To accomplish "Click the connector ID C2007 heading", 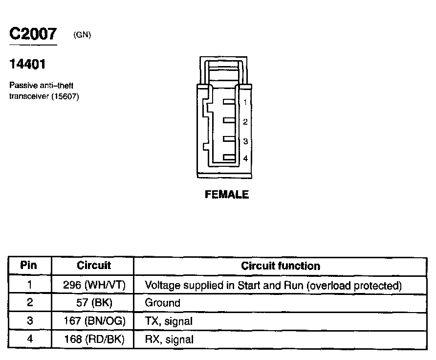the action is coord(33,34).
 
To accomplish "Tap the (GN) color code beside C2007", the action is coord(82,35).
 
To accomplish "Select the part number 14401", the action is coord(28,64).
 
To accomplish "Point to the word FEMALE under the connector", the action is coord(227,195).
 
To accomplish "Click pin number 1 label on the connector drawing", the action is coord(245,102).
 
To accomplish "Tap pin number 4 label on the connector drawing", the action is coord(245,158).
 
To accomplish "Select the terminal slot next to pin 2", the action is coord(229,120).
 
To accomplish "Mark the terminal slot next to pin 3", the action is coord(229,139).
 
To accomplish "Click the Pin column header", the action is coord(29,266).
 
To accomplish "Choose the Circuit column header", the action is coord(94,266).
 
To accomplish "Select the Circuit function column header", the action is coord(281,266).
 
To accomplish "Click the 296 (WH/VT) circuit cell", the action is coord(94,285).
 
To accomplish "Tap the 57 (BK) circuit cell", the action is coord(94,303).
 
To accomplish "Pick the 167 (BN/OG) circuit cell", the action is coord(94,321).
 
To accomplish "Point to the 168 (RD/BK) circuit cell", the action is coord(94,339).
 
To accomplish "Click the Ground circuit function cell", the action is coord(163,303).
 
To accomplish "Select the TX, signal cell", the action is coord(169,321).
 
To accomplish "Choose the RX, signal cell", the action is coord(169,339).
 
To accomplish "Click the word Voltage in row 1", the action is coord(163,285).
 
